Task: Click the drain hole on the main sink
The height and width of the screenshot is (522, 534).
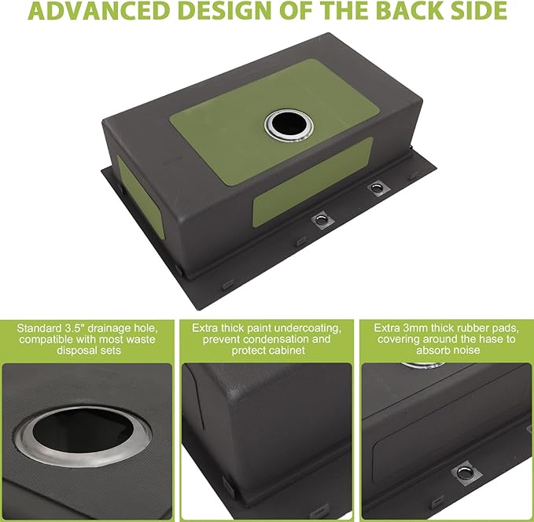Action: pyautogui.click(x=289, y=125)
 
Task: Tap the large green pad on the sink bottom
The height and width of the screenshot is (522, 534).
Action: pyautogui.click(x=272, y=123)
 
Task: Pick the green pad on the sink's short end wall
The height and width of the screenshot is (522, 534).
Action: pyautogui.click(x=141, y=197)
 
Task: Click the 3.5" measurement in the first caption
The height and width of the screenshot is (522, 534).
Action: pyautogui.click(x=74, y=329)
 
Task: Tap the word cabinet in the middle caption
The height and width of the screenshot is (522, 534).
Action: pyautogui.click(x=286, y=351)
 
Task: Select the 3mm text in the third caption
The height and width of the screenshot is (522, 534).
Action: pyautogui.click(x=412, y=329)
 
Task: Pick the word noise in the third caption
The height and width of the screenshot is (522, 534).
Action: pyautogui.click(x=465, y=351)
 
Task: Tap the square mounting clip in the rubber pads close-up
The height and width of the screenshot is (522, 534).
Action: pyautogui.click(x=465, y=473)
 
